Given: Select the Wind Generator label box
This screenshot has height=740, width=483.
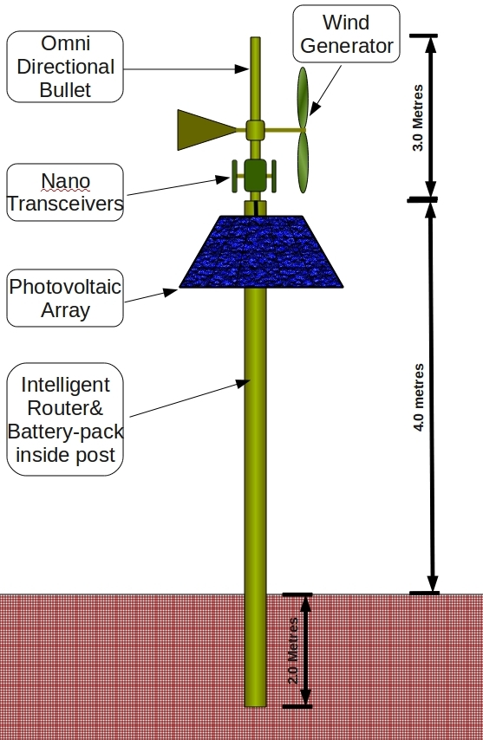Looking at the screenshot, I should (346, 34).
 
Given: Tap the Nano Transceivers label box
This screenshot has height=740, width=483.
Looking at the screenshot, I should (65, 192).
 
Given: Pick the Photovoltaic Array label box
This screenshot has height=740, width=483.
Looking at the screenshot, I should (65, 298).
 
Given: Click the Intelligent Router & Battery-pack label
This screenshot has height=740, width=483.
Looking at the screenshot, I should (65, 419).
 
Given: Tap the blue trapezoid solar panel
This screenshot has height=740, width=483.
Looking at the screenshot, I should (263, 251).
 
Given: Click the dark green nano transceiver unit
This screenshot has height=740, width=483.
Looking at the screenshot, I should (254, 175).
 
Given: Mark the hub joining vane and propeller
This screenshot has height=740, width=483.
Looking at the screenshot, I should (254, 130).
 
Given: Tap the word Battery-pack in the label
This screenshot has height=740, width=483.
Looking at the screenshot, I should (65, 432).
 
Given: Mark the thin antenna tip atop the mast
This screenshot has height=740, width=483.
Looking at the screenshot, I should (255, 43).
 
